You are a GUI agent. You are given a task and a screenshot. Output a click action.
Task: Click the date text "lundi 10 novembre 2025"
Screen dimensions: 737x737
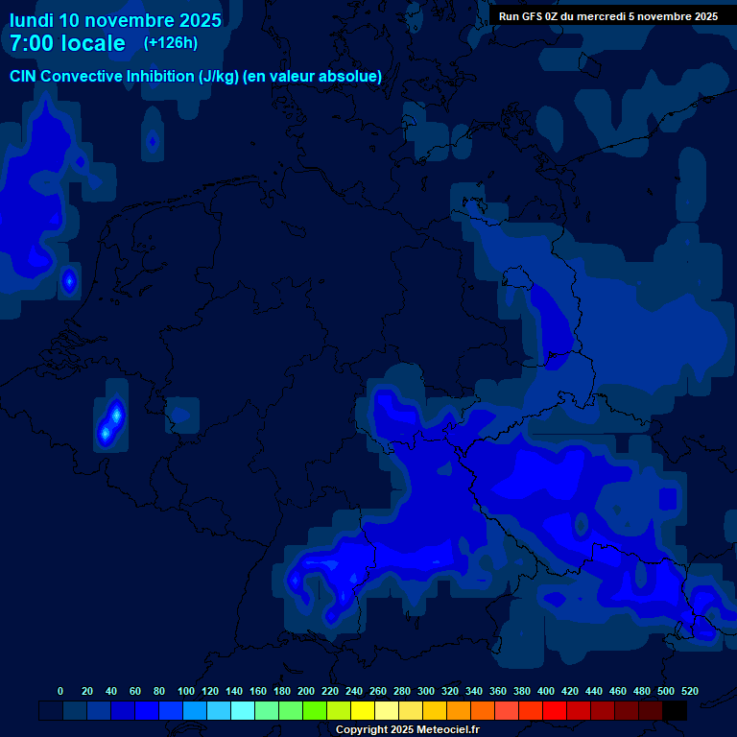click(115, 20)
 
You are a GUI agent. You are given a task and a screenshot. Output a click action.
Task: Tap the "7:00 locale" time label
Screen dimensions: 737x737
click(67, 44)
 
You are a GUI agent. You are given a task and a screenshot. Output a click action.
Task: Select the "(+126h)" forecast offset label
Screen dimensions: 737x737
click(170, 43)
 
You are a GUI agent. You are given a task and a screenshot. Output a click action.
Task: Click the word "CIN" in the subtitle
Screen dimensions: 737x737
click(24, 77)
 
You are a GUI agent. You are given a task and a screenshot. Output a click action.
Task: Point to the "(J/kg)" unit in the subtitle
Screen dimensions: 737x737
click(219, 77)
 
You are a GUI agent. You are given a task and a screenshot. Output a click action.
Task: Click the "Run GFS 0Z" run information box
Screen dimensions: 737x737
click(608, 16)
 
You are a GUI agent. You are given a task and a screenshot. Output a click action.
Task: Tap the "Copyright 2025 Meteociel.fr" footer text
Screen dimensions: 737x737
click(407, 730)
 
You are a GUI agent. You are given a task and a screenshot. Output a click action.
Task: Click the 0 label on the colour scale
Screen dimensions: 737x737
click(60, 691)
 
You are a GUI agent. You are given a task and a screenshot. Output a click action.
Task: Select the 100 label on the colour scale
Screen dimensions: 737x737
click(186, 691)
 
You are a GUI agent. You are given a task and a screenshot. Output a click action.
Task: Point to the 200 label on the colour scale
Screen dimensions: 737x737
click(306, 691)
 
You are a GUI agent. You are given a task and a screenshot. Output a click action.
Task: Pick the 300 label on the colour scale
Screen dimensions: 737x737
click(426, 691)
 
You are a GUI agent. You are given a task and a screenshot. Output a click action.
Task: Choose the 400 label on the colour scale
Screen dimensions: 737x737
click(546, 691)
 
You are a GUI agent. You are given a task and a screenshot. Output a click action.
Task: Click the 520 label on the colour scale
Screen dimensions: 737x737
click(689, 691)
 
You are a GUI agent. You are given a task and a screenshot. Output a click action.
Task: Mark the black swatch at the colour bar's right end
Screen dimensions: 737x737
click(675, 711)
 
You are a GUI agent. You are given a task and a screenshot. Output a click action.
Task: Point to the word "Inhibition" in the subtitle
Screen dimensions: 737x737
click(160, 77)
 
